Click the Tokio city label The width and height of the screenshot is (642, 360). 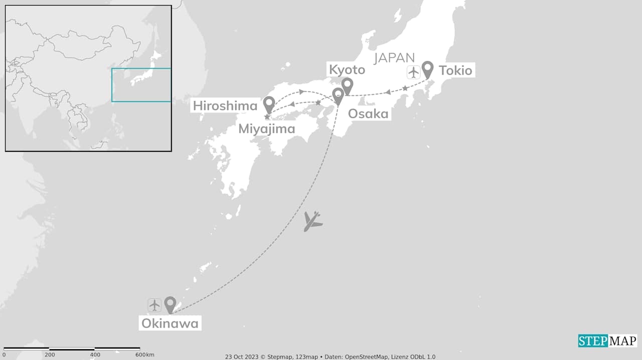click(455, 70)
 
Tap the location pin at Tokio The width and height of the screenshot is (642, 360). click(427, 69)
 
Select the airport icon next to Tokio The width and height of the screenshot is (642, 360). click(413, 72)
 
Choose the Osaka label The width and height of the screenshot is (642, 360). click(368, 114)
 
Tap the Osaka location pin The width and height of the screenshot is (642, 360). click(338, 95)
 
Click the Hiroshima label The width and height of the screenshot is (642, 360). click(225, 106)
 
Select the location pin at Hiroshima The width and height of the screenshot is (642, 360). click(269, 104)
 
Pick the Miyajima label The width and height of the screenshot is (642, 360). click(266, 129)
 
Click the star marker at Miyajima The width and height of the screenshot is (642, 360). click(266, 117)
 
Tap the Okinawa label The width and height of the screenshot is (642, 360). click(170, 323)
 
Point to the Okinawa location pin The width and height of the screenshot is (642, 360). click(170, 303)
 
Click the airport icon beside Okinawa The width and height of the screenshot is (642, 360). click(154, 304)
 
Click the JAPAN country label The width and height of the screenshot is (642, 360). click(394, 58)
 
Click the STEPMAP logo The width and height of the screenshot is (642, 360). click(607, 341)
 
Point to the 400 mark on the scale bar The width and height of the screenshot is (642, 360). click(94, 354)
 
